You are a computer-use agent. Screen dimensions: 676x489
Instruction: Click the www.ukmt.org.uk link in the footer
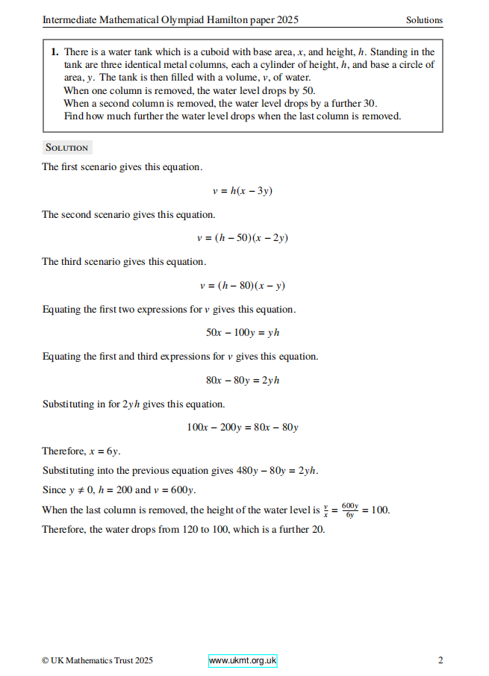pos(243,660)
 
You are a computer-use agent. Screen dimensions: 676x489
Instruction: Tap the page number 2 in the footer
pos(440,660)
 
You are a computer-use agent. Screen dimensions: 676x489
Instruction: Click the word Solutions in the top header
pos(424,20)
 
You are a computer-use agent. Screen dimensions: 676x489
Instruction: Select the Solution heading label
pos(66,147)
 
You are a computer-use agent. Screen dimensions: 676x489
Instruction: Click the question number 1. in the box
pos(55,52)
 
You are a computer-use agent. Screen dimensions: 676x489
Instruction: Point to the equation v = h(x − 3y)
pos(243,191)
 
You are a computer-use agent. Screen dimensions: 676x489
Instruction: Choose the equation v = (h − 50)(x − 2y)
pos(243,238)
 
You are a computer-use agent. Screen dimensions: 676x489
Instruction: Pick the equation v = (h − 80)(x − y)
pos(243,285)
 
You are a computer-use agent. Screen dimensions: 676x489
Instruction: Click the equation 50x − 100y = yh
pos(243,333)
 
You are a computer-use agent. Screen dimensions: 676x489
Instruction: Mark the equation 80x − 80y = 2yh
pos(243,380)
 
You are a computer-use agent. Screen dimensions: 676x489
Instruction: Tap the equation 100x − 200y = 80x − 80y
pos(243,428)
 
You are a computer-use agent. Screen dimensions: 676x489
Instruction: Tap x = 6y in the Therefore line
pos(105,451)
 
